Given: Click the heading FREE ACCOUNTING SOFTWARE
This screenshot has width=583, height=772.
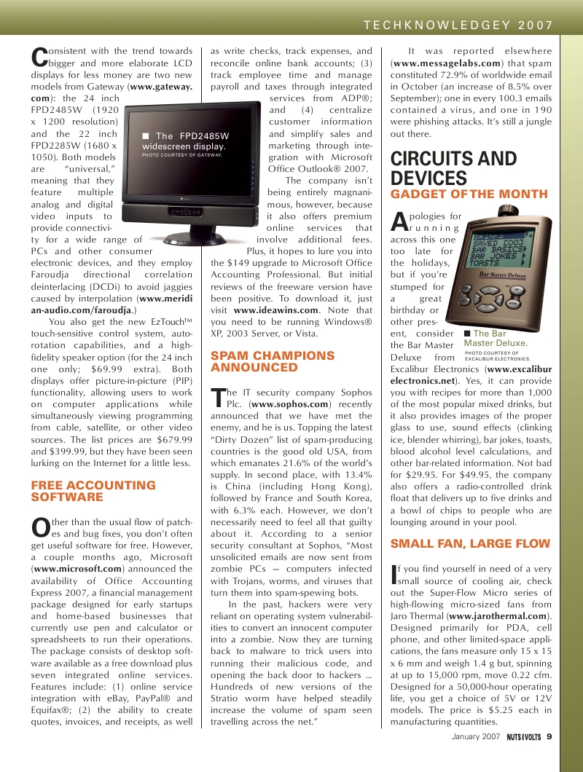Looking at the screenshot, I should point(93,491).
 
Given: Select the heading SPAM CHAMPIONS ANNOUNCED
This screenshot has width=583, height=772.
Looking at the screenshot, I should point(273,361).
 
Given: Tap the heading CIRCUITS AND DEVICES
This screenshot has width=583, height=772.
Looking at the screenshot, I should point(454,169).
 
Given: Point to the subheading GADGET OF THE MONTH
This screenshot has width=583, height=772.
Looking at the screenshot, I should point(469,194).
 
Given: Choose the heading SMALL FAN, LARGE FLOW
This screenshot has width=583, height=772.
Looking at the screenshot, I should point(470,543).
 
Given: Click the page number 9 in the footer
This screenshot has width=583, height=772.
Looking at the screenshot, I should point(549,736).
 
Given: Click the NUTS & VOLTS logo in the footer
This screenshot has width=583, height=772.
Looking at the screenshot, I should point(524,737).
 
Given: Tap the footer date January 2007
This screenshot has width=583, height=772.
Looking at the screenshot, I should point(476,737).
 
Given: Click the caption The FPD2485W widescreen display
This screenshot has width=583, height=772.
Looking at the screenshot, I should point(185,142).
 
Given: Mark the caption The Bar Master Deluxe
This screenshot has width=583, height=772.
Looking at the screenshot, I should point(496,339).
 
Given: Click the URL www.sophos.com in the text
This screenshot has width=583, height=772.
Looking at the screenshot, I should point(289,404).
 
